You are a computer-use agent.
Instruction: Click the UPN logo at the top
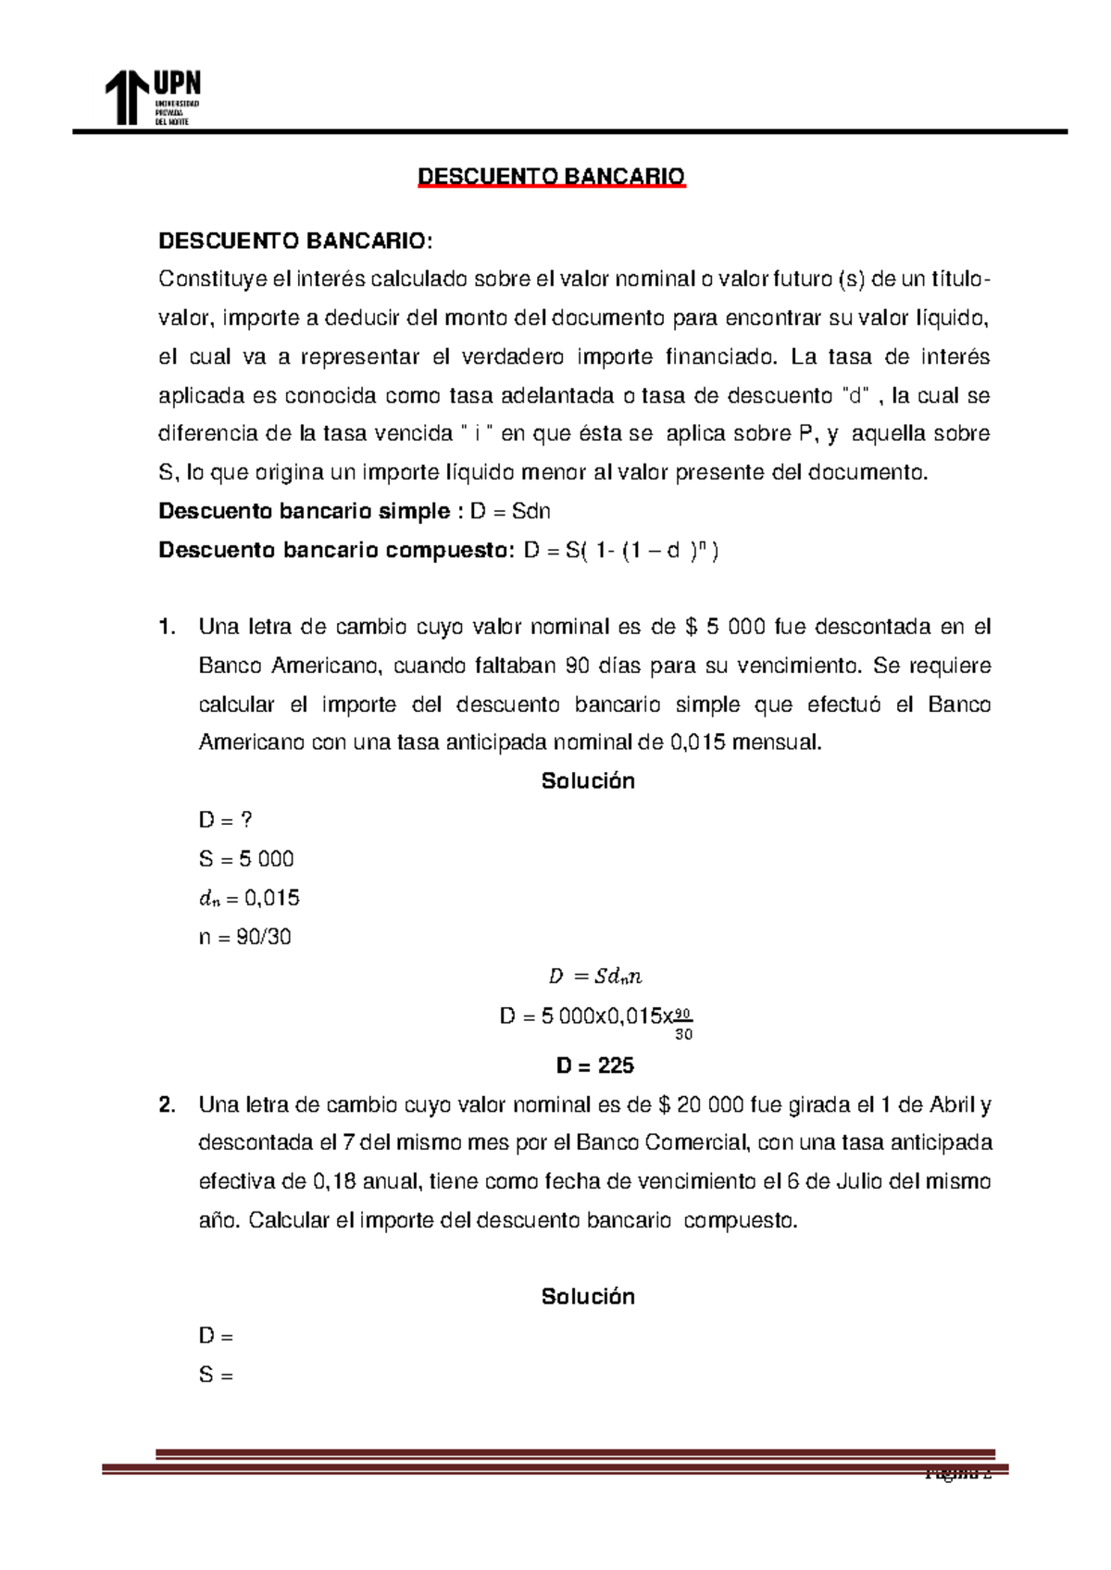pyautogui.click(x=152, y=97)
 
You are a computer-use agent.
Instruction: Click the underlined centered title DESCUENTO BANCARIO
pyautogui.click(x=551, y=176)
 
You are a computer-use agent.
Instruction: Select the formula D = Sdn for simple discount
pyautogui.click(x=510, y=511)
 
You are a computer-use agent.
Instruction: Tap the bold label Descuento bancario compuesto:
pyautogui.click(x=335, y=550)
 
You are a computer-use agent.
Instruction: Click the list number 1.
pyautogui.click(x=167, y=627)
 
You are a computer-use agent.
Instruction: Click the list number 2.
pyautogui.click(x=167, y=1104)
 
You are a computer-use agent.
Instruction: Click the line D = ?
pyautogui.click(x=225, y=820)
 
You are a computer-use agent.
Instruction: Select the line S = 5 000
pyautogui.click(x=246, y=859)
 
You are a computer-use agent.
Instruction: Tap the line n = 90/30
pyautogui.click(x=244, y=937)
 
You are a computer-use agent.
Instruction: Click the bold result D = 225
pyautogui.click(x=594, y=1065)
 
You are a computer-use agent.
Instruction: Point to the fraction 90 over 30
pyautogui.click(x=683, y=1023)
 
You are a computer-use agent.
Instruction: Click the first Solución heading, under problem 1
pyautogui.click(x=588, y=781)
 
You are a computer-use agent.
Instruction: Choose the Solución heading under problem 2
pyautogui.click(x=588, y=1297)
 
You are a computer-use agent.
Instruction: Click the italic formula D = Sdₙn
pyautogui.click(x=595, y=976)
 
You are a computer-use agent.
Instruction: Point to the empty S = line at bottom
pyautogui.click(x=216, y=1375)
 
